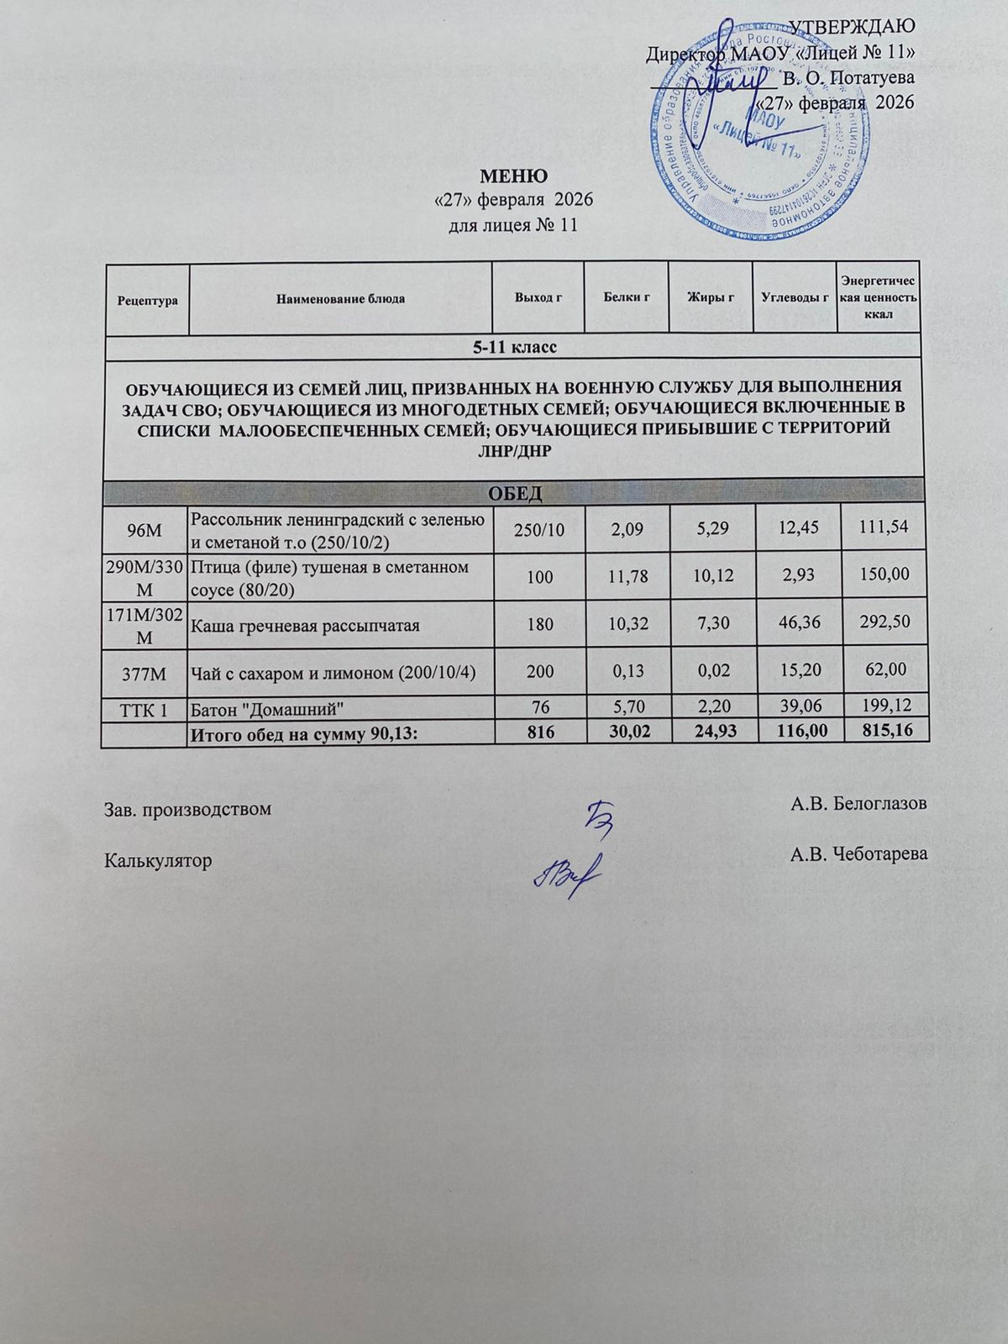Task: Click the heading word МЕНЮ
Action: [x=513, y=176]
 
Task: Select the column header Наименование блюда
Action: [x=341, y=298]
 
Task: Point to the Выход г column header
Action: [x=538, y=298]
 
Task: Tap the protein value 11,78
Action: [x=627, y=576]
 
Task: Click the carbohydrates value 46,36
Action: [x=798, y=626]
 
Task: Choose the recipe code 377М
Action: [x=145, y=672]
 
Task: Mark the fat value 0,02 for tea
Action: [x=712, y=672]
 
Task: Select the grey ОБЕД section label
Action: [x=512, y=492]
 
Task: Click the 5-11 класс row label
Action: [x=512, y=346]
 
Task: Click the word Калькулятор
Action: [x=157, y=860]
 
